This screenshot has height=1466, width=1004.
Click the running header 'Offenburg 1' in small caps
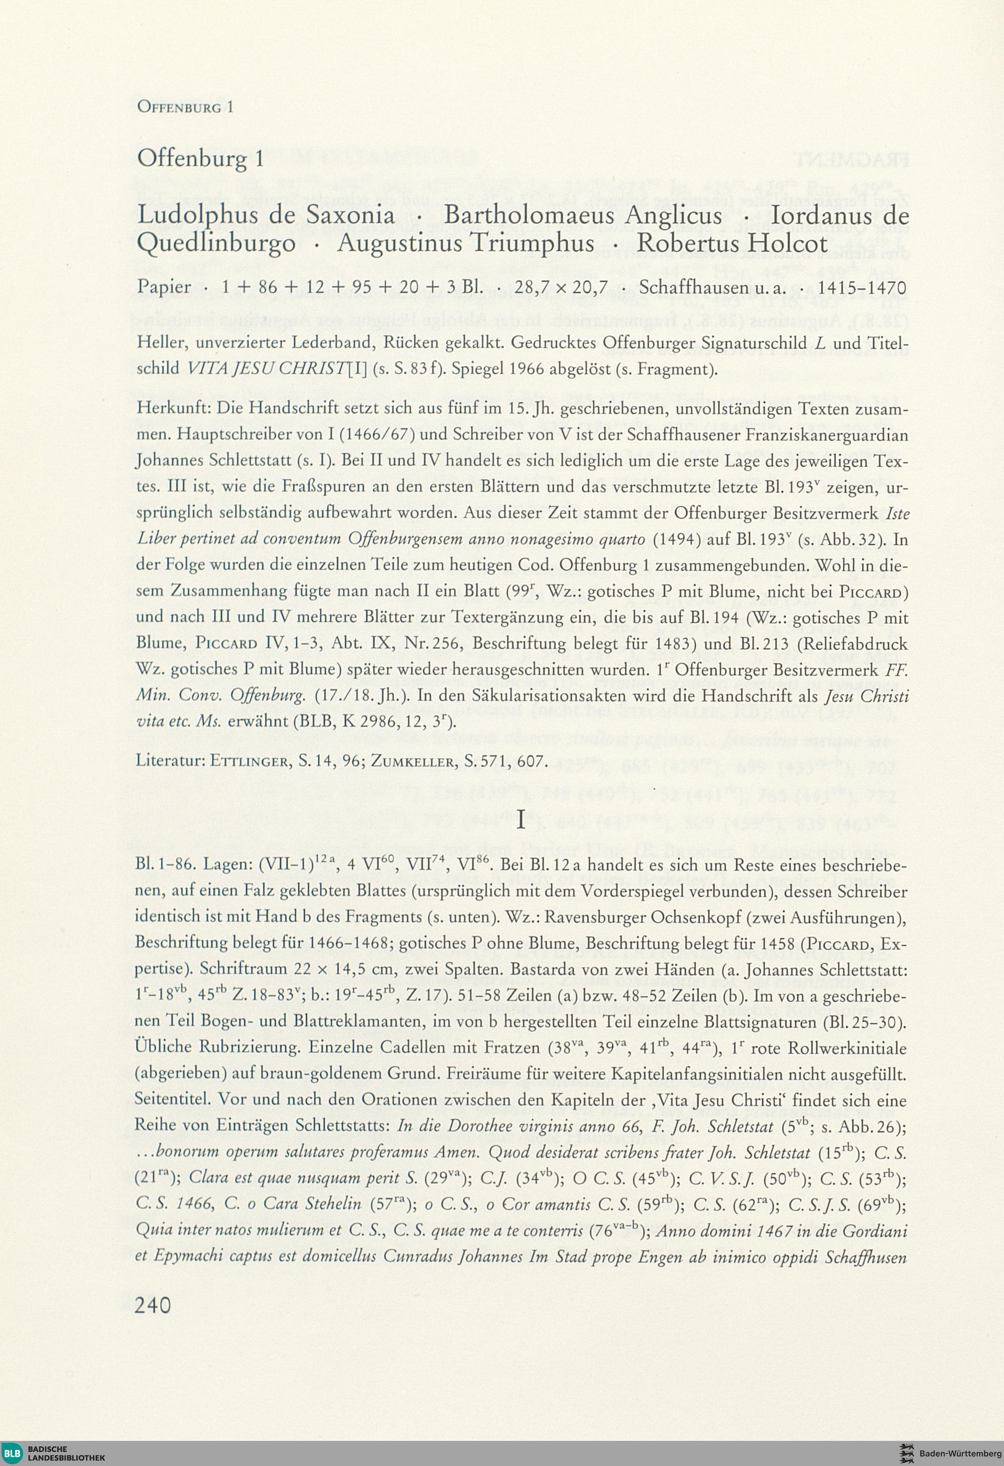[x=185, y=107]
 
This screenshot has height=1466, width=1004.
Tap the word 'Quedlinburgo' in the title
[x=216, y=244]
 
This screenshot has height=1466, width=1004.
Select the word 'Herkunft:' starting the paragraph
[x=173, y=409]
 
